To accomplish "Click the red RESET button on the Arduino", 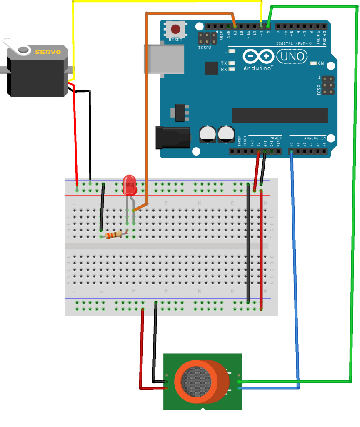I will click(x=175, y=29).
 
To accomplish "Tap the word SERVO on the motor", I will click(x=48, y=52).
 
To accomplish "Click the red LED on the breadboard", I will click(x=130, y=186).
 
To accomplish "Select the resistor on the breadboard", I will click(x=114, y=236).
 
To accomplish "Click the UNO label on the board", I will click(x=292, y=55).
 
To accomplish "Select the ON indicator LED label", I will click(x=321, y=63).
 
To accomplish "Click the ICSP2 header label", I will click(x=205, y=48).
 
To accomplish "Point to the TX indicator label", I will click(x=224, y=63).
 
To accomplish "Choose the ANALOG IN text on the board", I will click(x=314, y=138).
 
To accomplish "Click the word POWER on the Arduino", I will click(x=275, y=138).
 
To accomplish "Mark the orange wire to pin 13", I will click(x=146, y=104).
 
